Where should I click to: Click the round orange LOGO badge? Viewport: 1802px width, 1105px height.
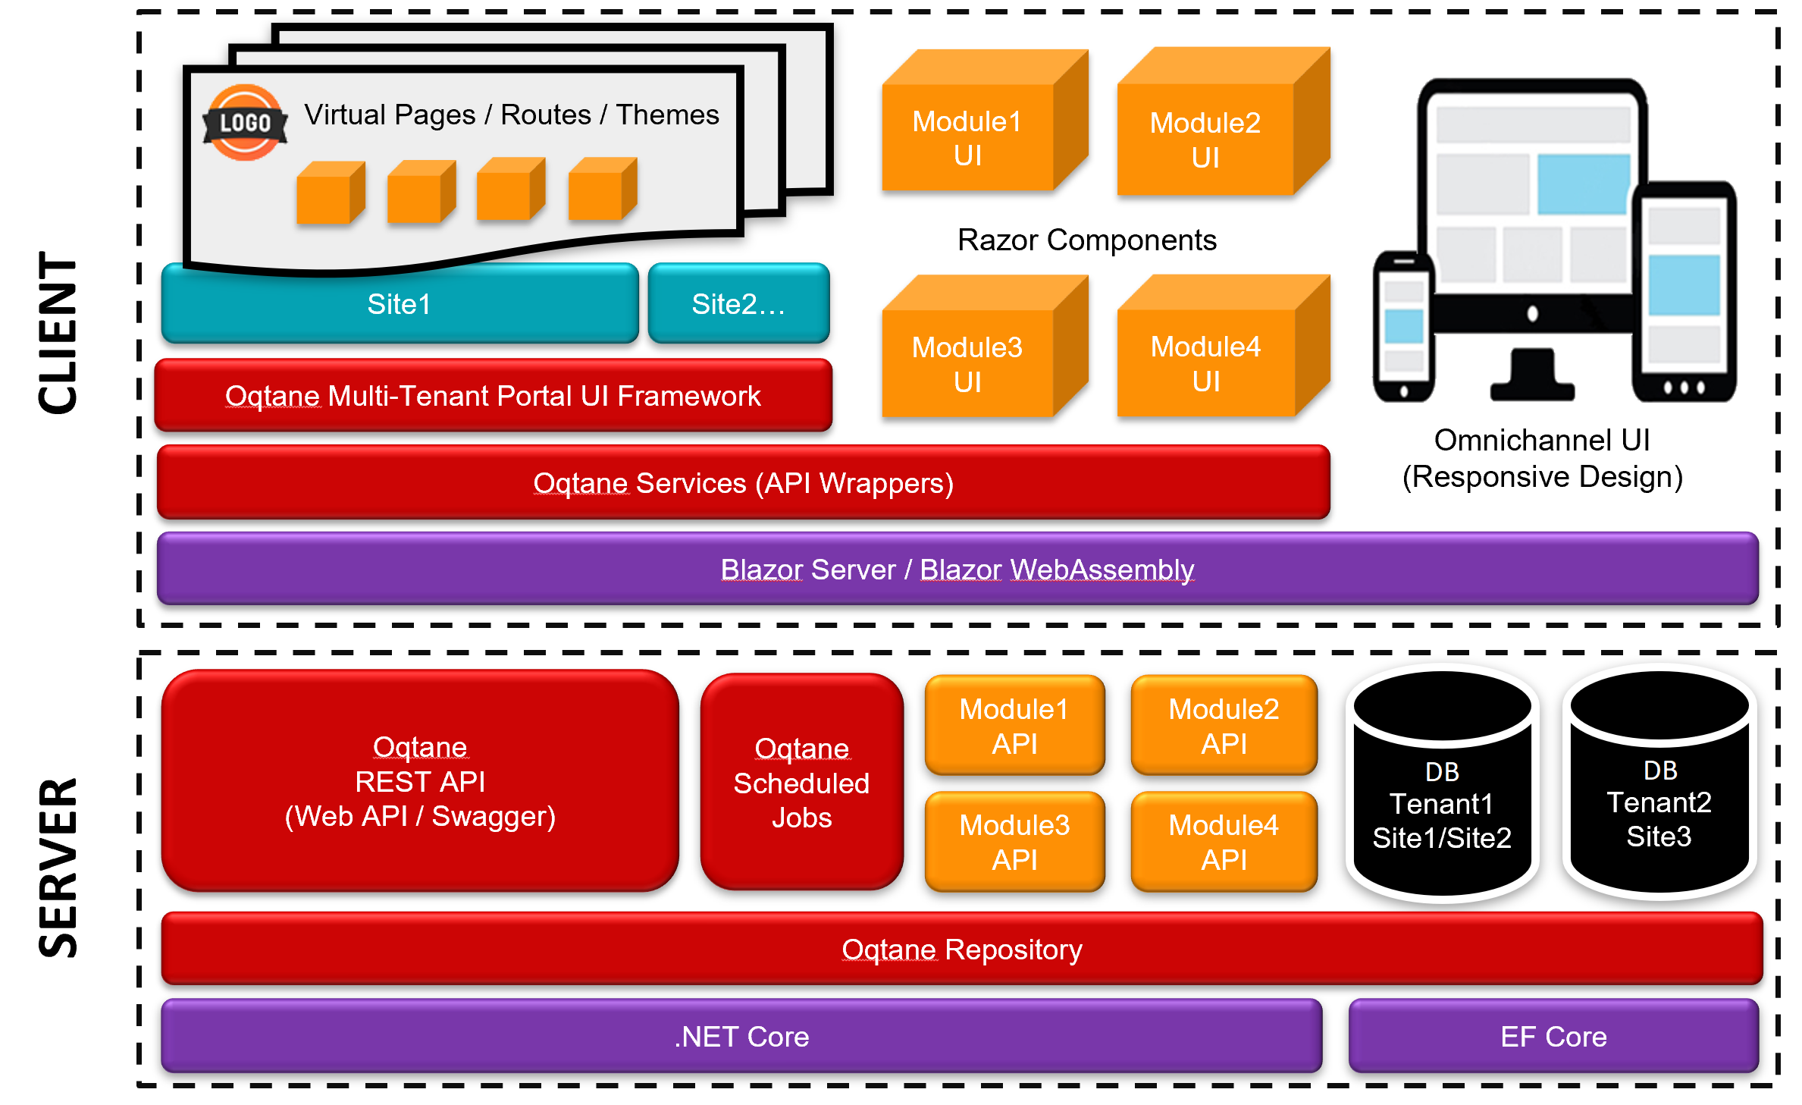point(245,122)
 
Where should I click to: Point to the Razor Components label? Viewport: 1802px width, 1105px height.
point(1086,240)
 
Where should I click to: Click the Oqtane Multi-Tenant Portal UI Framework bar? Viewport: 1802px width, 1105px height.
point(493,396)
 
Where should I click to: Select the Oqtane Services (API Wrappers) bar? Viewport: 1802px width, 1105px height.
point(743,483)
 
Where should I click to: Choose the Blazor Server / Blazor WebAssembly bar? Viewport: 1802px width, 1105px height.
point(957,570)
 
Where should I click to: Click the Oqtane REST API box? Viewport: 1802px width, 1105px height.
point(420,782)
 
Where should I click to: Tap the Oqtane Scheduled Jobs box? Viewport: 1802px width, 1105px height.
point(801,783)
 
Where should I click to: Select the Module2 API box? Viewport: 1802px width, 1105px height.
point(1224,726)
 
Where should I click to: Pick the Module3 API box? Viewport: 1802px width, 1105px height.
point(1014,842)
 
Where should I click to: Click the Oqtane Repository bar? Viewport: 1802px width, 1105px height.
point(961,950)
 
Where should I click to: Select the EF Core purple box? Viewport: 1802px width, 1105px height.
point(1553,1037)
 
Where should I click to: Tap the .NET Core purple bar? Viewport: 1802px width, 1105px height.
point(741,1037)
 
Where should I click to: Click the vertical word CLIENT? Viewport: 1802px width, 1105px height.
point(58,333)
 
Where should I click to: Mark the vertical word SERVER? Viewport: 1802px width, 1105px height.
point(58,868)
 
